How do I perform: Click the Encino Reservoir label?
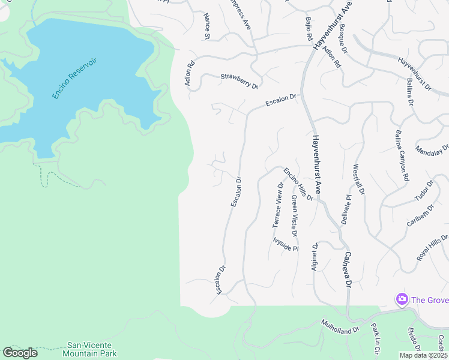pos(74,79)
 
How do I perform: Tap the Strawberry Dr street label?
pos(238,81)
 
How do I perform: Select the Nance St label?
pos(207,26)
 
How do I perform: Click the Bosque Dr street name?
pos(343,37)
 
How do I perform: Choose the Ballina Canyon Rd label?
pos(402,155)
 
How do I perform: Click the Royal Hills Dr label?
pos(432,247)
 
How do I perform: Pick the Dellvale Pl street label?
pos(345,209)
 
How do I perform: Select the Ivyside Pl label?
pos(285,244)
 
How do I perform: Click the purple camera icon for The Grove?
pos(402,299)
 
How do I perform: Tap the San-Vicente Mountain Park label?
pos(91,349)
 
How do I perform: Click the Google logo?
pos(20,353)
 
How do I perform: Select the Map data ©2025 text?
pos(423,355)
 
